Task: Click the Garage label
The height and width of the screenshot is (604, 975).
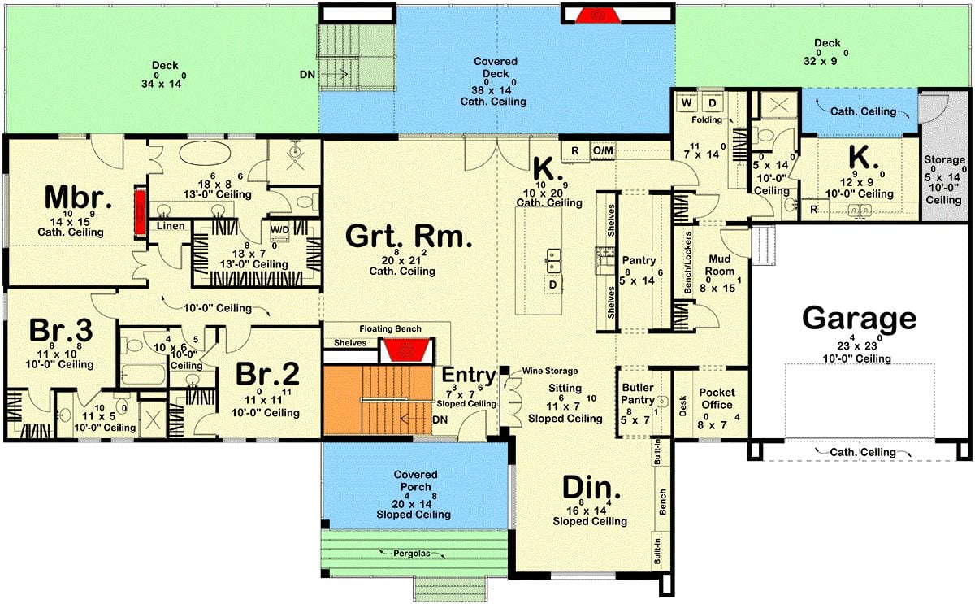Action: point(859,318)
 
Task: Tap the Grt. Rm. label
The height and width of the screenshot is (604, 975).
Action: point(408,236)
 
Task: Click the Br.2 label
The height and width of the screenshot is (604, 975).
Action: point(267,375)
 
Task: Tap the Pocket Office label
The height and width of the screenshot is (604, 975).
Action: point(716,398)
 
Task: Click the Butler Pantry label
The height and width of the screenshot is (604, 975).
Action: point(638,393)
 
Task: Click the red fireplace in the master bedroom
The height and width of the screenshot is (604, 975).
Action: point(140,213)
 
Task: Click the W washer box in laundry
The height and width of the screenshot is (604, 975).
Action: point(687,104)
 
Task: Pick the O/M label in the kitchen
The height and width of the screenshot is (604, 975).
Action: point(603,150)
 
